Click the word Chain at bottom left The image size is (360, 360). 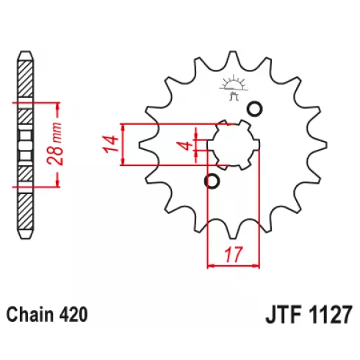pos(29,314)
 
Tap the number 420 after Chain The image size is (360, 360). pos(72,314)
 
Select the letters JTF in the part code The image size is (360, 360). pos(283,314)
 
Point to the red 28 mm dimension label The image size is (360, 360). pos(55,144)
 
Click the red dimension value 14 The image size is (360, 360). pos(111,144)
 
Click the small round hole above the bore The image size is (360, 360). pos(254,109)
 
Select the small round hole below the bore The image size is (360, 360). pos(212,181)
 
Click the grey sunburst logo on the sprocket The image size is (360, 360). pos(234,87)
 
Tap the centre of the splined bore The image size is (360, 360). pos(234,145)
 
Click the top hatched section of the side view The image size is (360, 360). pos(26,79)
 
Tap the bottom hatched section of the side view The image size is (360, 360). pos(26,211)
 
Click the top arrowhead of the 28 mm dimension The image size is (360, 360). pos(57,106)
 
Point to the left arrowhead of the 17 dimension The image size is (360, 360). pos(211,265)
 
